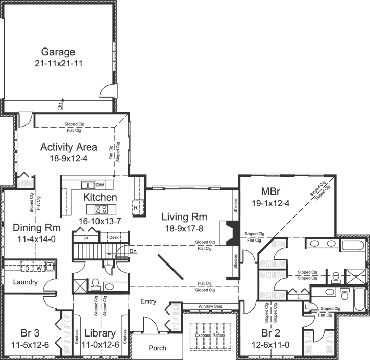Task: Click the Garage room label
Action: [x=58, y=52]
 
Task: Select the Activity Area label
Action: [x=69, y=147]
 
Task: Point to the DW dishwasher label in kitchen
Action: [x=101, y=185]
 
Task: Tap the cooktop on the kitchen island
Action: [x=99, y=208]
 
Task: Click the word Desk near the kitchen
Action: [x=114, y=238]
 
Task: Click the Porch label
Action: [x=157, y=348]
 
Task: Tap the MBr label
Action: [x=270, y=193]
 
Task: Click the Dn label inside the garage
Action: [x=60, y=107]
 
